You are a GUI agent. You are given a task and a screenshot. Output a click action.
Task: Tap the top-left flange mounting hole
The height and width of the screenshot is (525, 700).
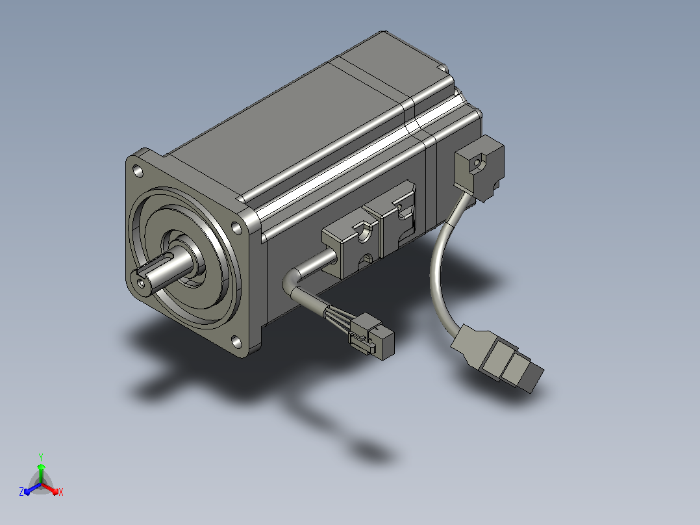tap(138, 171)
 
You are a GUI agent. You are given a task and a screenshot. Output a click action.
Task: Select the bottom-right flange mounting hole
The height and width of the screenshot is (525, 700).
tap(236, 343)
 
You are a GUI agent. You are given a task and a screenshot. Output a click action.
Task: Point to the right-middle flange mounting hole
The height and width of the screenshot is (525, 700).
tap(236, 227)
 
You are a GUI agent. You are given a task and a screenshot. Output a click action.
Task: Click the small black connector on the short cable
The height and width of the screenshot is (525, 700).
tap(372, 335)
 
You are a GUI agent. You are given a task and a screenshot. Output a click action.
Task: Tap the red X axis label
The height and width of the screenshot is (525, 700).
tap(61, 492)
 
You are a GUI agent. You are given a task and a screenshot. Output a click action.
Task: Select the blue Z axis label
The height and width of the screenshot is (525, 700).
tap(21, 491)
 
